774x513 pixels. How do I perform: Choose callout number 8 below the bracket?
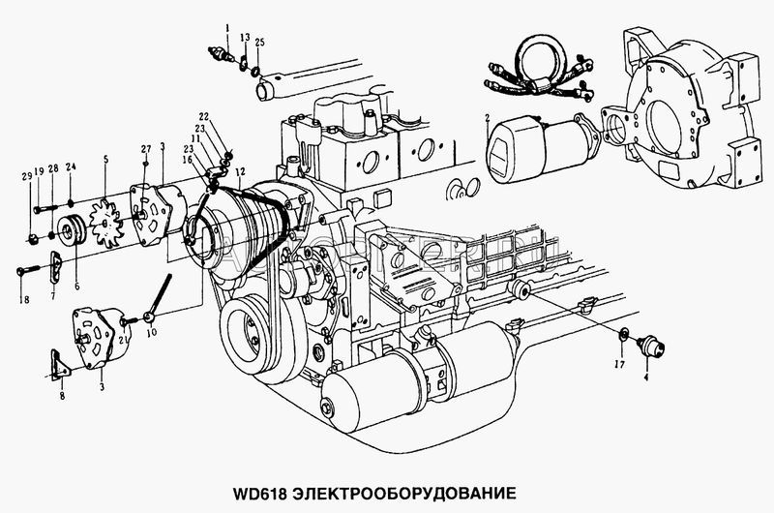tap(61, 397)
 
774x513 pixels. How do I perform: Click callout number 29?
tap(29, 176)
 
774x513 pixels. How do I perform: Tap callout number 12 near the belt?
tap(239, 171)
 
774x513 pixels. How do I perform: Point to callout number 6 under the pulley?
tap(77, 258)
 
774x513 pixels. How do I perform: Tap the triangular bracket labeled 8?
tap(58, 366)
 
